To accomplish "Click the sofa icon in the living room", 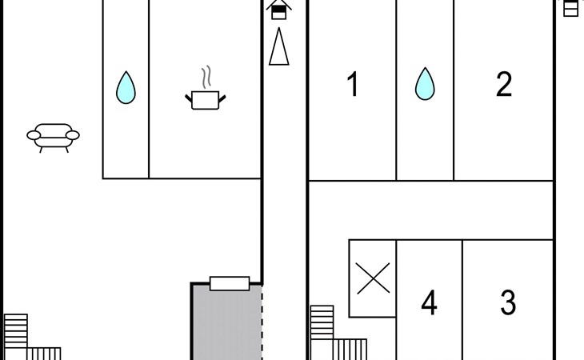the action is pos(53,138).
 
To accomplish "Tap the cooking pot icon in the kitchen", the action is pos(206,100).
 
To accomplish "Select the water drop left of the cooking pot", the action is pos(126,87).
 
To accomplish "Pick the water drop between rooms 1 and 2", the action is pos(425,84).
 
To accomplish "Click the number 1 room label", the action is pos(353,84).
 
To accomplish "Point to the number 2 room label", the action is pos(504,84).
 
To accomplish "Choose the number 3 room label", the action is pos(508,302).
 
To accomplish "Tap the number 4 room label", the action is pos(429,302).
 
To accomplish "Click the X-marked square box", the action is pos(373,278).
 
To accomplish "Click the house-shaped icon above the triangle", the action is pos(279,10).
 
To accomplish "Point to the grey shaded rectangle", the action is pos(227,322).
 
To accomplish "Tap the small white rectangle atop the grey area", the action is pos(230,283).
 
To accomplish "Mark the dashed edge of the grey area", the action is pos(262,322).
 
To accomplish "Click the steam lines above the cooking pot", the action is pos(206,78).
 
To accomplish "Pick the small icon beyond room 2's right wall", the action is pos(570,8).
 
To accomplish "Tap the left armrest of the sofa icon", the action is pos(34,135).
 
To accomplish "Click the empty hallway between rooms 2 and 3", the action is pos(431,210).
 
